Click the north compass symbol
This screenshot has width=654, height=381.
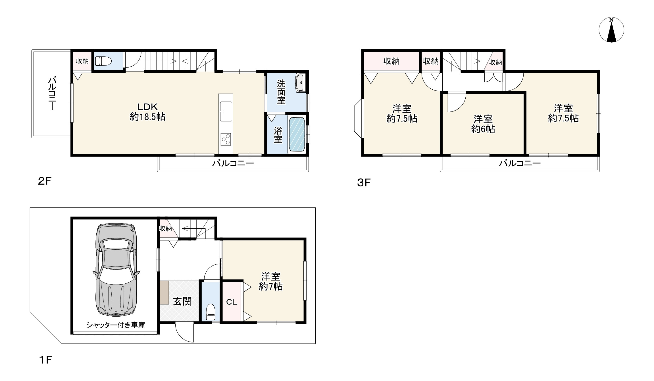pos(611,30)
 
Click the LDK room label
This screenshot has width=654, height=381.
pos(147,107)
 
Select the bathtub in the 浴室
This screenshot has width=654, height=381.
pos(297,134)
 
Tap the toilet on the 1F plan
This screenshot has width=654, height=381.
pos(211,312)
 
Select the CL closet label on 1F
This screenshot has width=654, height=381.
pos(232,302)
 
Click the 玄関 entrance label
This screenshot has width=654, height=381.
pos(182,301)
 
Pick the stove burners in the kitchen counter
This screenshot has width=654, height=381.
pos(226,139)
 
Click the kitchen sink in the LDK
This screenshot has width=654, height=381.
pos(226,111)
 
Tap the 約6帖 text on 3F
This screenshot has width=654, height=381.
pos(483,129)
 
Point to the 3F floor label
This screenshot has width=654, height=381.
pos(364,183)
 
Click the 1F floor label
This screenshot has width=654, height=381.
pos(45,360)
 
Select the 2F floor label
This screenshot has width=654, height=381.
pos(45,181)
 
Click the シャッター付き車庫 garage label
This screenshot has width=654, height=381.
pos(116,325)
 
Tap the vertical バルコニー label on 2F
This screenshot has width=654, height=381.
pos(52,93)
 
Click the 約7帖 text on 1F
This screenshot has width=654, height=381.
pos(270,287)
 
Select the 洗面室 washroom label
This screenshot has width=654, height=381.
pos(281,92)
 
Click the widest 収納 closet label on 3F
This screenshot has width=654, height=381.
pos(391,61)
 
